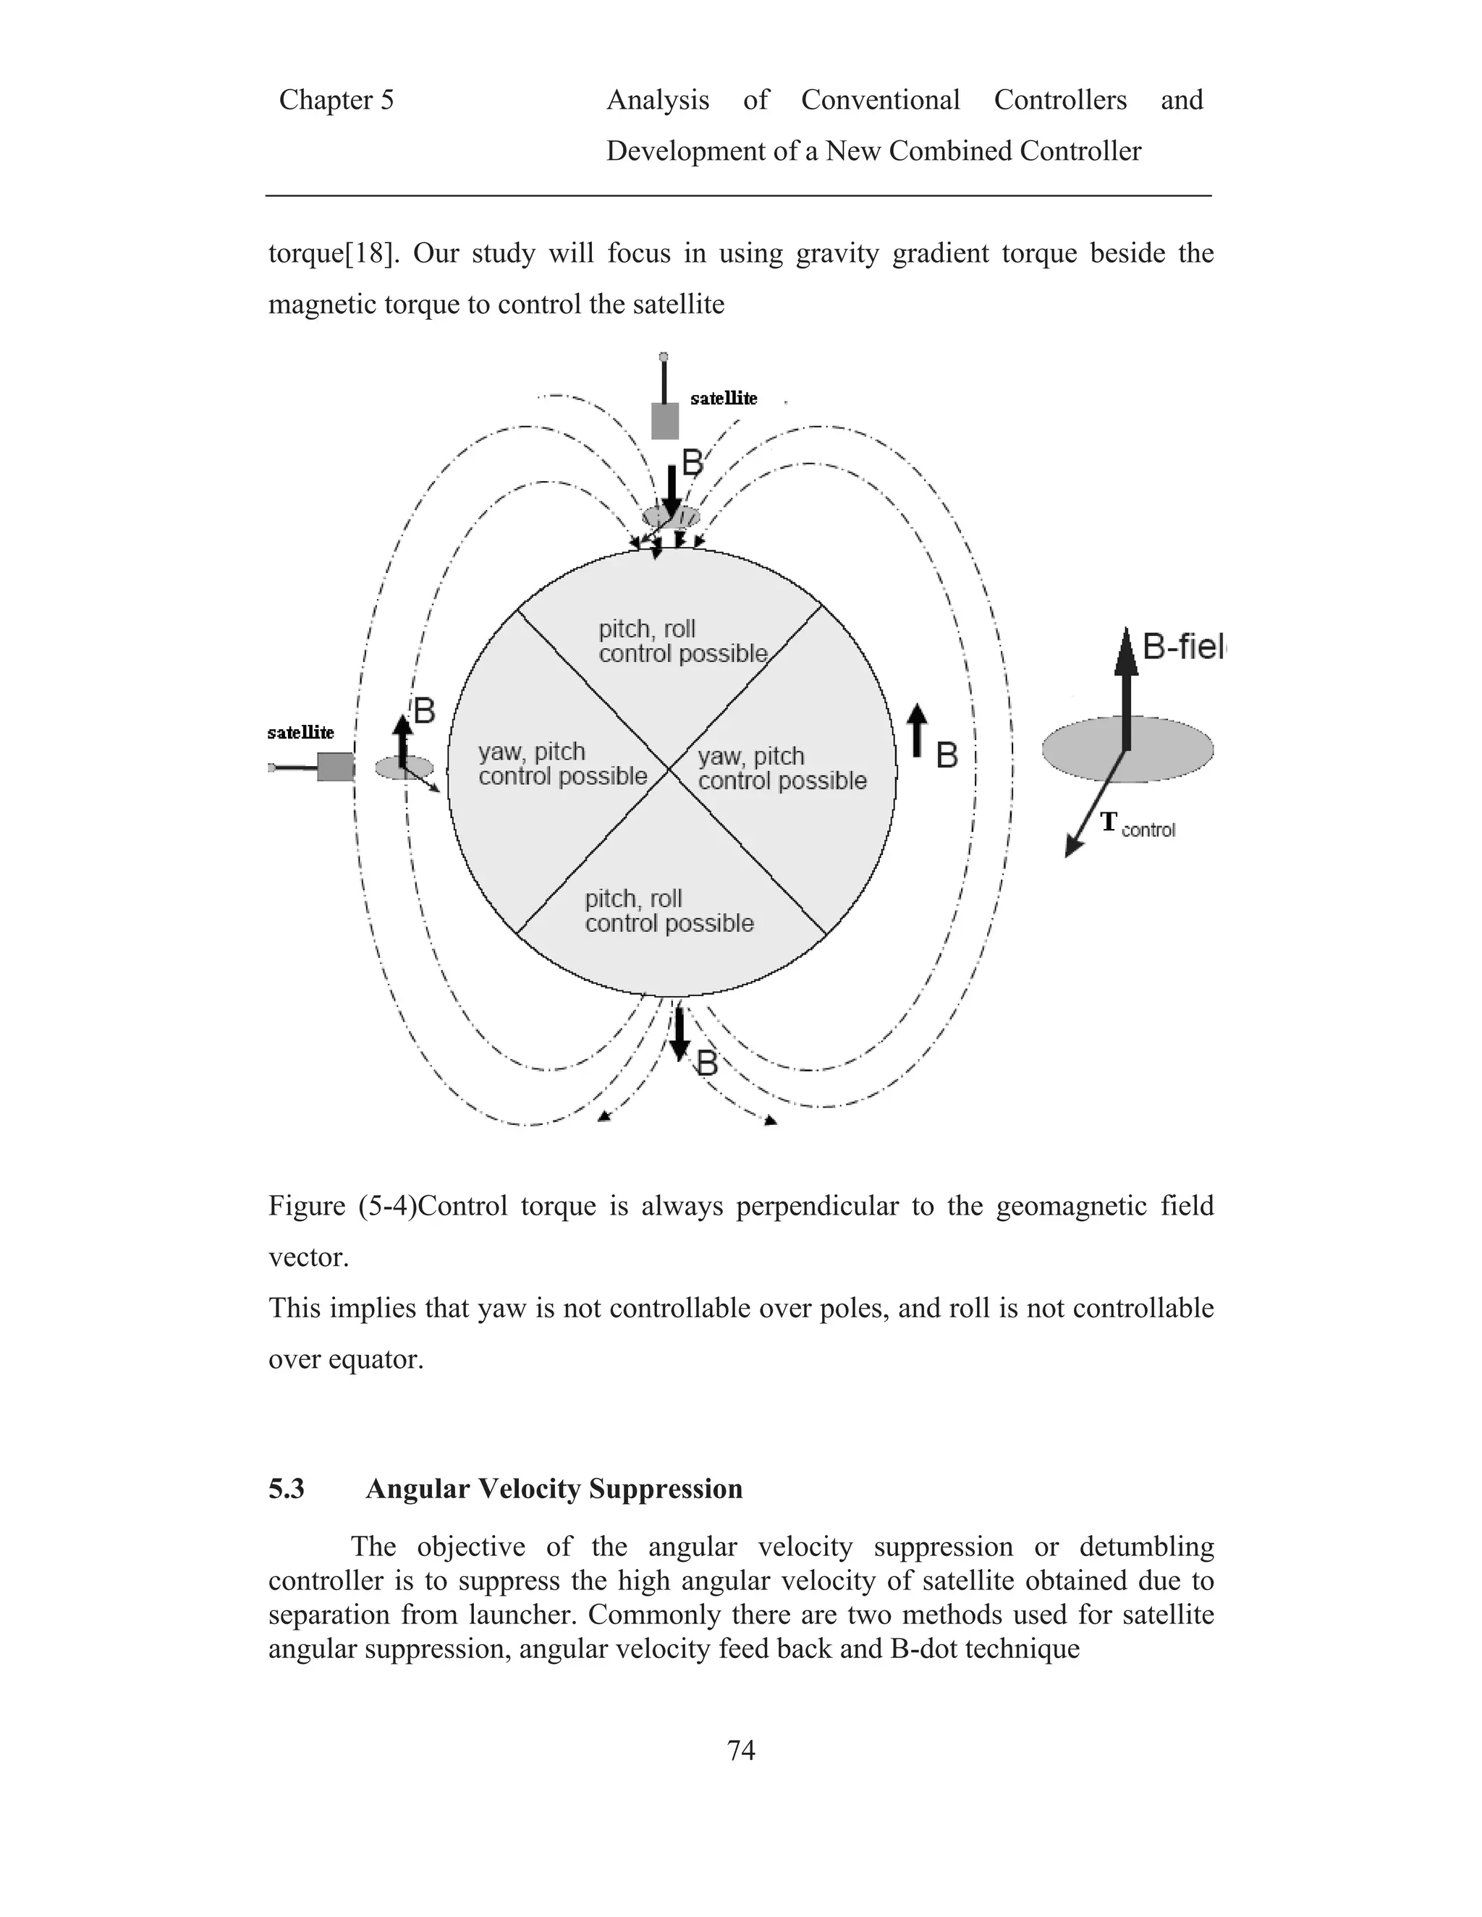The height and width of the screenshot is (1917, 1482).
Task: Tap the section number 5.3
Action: click(x=287, y=1489)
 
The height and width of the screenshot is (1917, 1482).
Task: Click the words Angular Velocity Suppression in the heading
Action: click(x=554, y=1489)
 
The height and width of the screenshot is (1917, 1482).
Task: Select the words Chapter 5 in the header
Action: click(x=336, y=100)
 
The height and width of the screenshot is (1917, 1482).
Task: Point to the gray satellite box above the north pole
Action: click(x=664, y=421)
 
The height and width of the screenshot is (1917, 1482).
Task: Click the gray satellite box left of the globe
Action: click(x=334, y=767)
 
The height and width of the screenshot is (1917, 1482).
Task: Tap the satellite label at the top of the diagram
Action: click(x=724, y=399)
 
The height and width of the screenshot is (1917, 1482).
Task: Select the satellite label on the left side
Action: click(x=300, y=732)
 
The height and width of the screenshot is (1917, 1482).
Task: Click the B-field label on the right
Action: click(x=1182, y=647)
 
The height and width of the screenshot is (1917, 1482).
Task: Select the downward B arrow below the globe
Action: click(x=679, y=1034)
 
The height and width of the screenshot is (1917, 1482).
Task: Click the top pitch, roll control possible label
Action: click(x=682, y=642)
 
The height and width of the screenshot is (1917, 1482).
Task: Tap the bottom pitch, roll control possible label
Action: click(x=669, y=911)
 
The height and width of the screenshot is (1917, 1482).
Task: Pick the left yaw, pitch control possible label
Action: click(x=562, y=764)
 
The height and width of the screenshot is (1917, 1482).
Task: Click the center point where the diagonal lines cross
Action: click(x=670, y=770)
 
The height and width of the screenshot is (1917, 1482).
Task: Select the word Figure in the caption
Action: click(x=306, y=1206)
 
